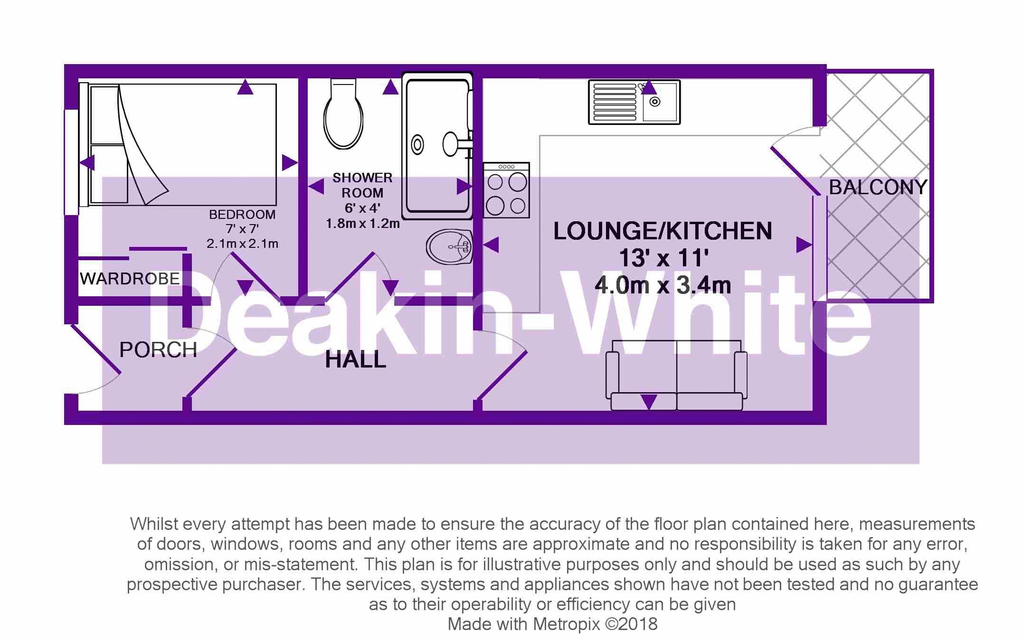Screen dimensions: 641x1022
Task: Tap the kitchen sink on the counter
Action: (x=634, y=102)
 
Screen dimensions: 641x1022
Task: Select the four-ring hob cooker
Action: (x=506, y=190)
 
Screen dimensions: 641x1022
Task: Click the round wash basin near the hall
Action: (x=449, y=246)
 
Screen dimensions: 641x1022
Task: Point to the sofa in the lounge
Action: (x=676, y=375)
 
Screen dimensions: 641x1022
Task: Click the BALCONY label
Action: (x=878, y=188)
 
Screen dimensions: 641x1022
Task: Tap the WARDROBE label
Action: (x=130, y=279)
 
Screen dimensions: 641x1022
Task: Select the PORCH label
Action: (x=158, y=350)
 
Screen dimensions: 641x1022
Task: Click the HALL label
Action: (x=355, y=359)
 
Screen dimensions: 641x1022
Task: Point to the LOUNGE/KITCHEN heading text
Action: (x=662, y=231)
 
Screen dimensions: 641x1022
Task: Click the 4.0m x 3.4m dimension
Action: (x=662, y=285)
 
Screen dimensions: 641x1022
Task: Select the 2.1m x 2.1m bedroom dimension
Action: (x=242, y=244)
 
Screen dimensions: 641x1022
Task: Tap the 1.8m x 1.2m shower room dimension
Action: (x=362, y=223)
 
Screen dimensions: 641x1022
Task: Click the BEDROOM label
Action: (x=242, y=215)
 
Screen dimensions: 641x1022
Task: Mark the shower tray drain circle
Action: (x=417, y=145)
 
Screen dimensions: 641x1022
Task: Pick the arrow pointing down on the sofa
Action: (x=649, y=402)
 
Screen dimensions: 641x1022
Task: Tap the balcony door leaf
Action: (x=795, y=171)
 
